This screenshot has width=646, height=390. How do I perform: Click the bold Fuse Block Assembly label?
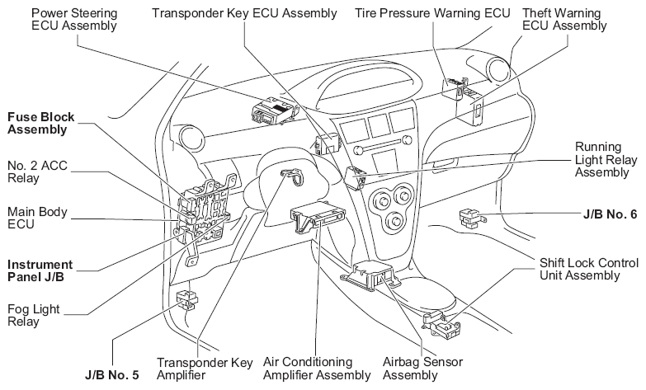coord(38,123)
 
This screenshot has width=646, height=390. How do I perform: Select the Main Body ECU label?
coord(35,218)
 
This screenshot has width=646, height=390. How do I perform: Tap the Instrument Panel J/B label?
coord(40,270)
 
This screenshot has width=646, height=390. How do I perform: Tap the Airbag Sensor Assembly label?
coord(423,369)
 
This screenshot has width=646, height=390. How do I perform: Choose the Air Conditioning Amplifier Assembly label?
coord(317,369)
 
